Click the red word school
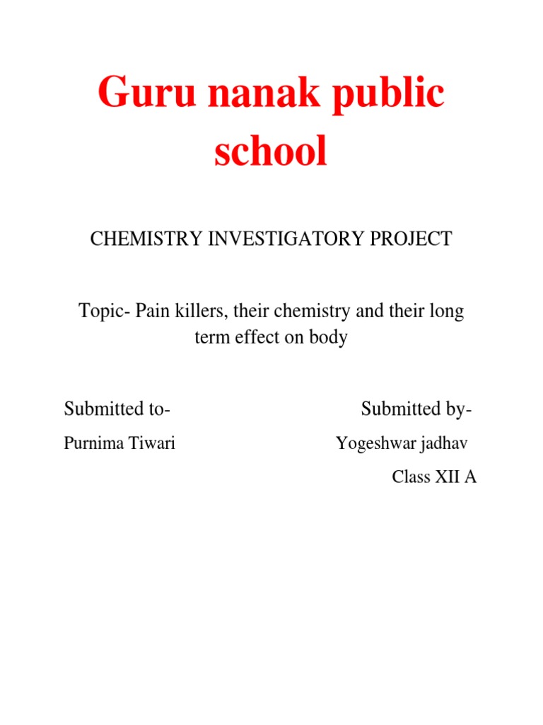(x=271, y=152)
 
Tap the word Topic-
(x=103, y=312)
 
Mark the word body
(x=328, y=338)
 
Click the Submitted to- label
(x=117, y=409)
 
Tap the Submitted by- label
(x=416, y=409)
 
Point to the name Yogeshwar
(x=375, y=444)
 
